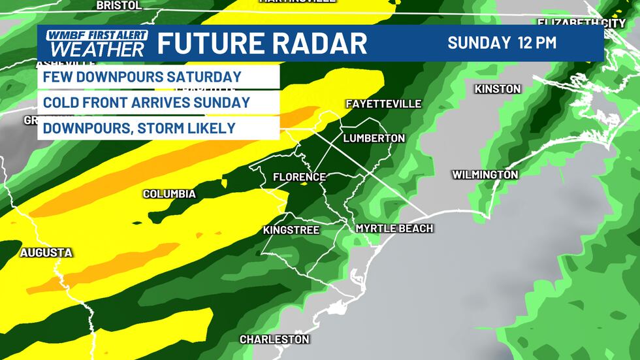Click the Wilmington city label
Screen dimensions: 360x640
tap(485, 175)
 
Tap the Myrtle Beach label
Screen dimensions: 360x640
tap(394, 228)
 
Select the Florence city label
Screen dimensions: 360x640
tap(299, 177)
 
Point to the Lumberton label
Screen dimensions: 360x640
tap(374, 139)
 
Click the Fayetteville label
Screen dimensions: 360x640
tap(383, 104)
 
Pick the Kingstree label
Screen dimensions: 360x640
tap(291, 230)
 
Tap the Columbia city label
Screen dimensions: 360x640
tap(169, 194)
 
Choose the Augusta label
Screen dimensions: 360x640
tap(46, 252)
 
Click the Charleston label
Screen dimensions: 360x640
tap(274, 340)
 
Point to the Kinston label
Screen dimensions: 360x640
tap(498, 89)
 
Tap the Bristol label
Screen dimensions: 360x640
tap(118, 5)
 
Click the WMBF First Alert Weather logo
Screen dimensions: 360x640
tap(93, 43)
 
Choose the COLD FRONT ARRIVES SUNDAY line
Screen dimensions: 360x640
tap(146, 103)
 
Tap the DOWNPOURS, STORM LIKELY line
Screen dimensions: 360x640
tap(139, 128)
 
